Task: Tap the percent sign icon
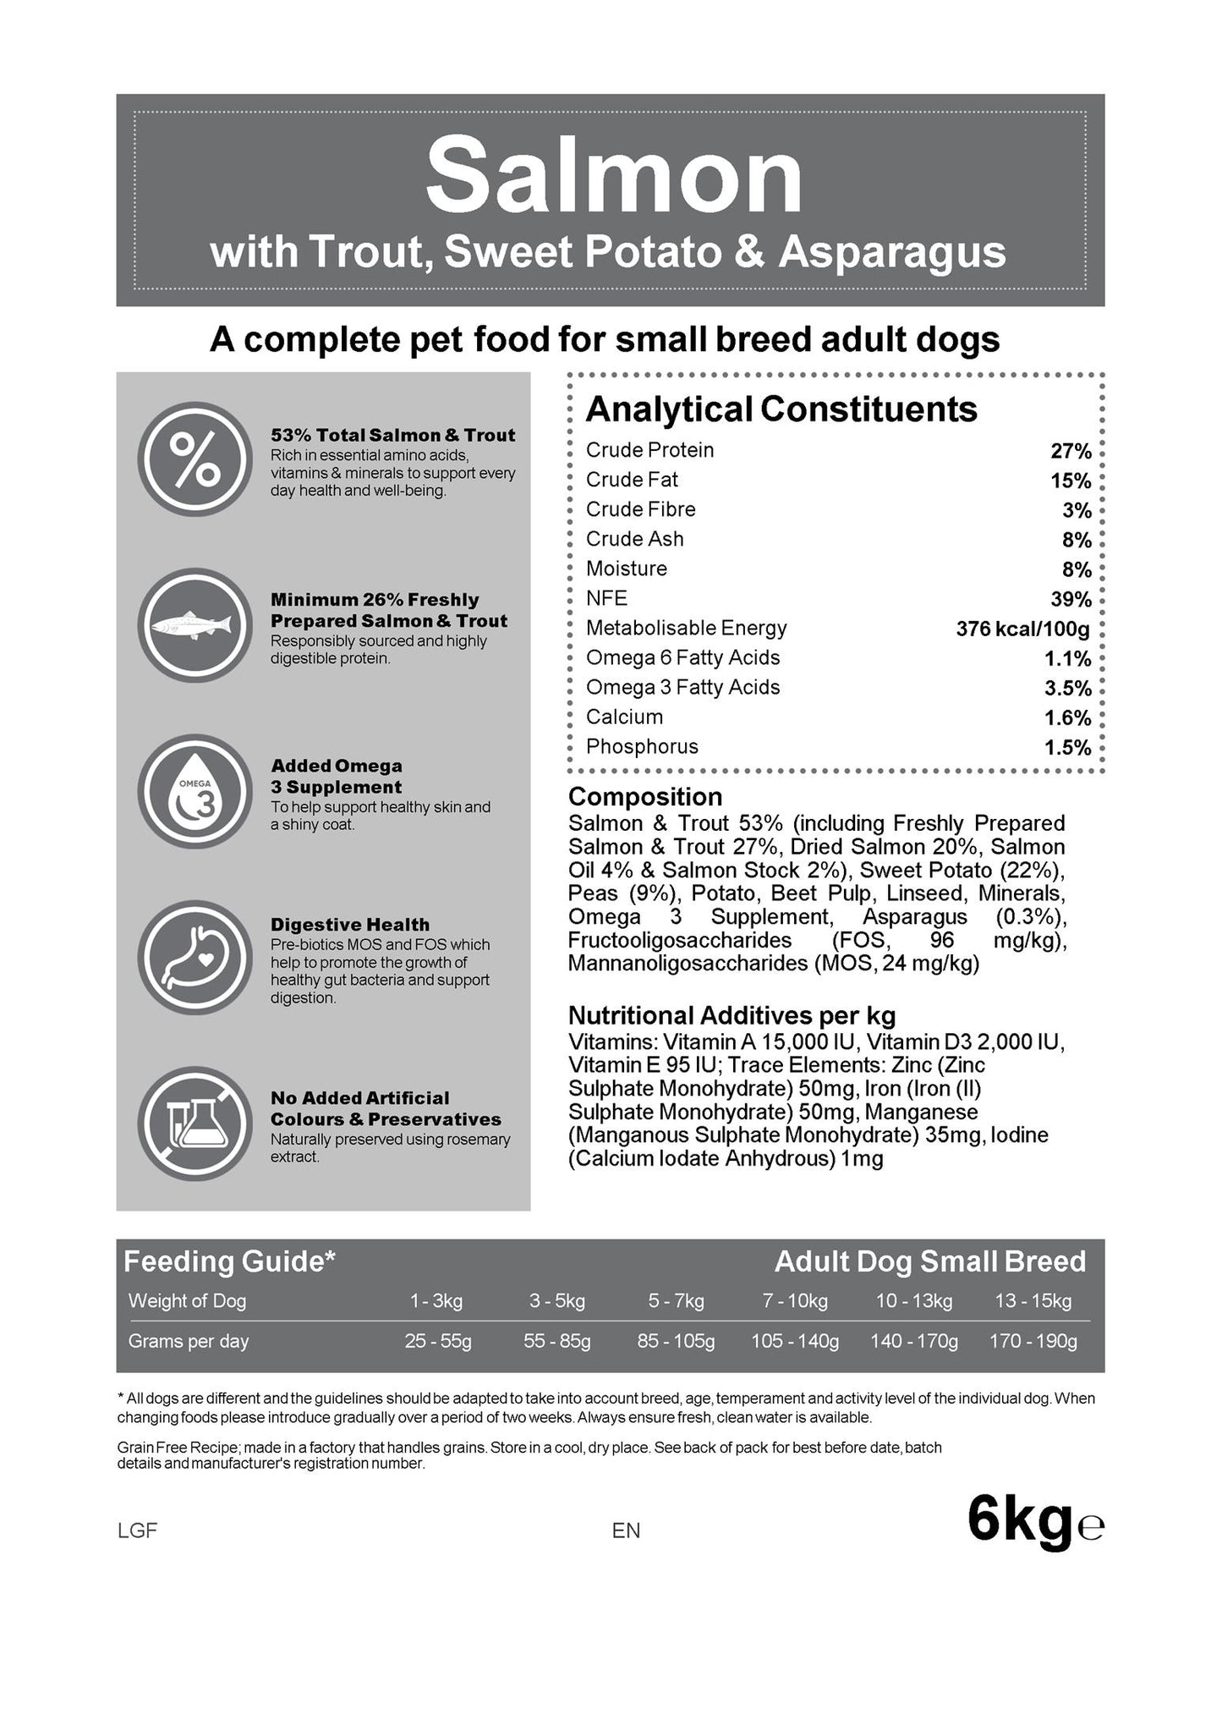[195, 459]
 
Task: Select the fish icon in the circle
[195, 625]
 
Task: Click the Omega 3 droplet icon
[195, 791]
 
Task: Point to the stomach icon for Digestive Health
[195, 957]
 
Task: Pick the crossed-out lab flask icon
[195, 1123]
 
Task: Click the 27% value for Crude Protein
[1071, 451]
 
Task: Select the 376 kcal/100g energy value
[1022, 629]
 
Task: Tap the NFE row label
[606, 598]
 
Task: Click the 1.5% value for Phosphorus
[1067, 747]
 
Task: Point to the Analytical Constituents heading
[781, 409]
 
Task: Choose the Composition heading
[644, 796]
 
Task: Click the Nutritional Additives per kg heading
[732, 1015]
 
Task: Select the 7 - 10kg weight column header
[795, 1300]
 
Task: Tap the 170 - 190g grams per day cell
[1033, 1341]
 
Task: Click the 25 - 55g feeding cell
[438, 1341]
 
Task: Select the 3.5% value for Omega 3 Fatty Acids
[1067, 688]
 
